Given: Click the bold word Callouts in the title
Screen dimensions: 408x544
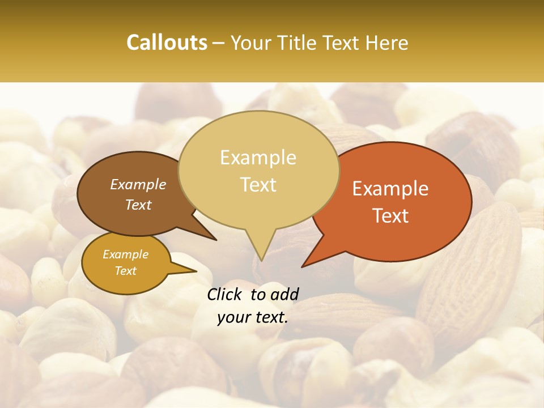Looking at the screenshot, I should (167, 42).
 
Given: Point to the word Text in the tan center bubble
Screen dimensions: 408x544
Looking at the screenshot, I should (258, 184).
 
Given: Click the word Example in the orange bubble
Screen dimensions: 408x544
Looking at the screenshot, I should (390, 189).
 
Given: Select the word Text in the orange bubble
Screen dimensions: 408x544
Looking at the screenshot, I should (390, 215).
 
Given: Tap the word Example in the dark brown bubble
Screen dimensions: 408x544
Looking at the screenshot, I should (138, 184).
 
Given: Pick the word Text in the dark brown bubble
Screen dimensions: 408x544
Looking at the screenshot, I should (138, 205).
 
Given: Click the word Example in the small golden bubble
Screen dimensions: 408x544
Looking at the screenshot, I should (125, 254).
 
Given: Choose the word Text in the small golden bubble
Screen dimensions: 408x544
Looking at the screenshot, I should (125, 271).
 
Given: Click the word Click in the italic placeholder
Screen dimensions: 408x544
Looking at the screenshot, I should (225, 294).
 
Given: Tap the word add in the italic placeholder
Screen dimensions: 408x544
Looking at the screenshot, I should (285, 294).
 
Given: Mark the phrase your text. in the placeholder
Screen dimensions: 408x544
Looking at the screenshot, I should (253, 317).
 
